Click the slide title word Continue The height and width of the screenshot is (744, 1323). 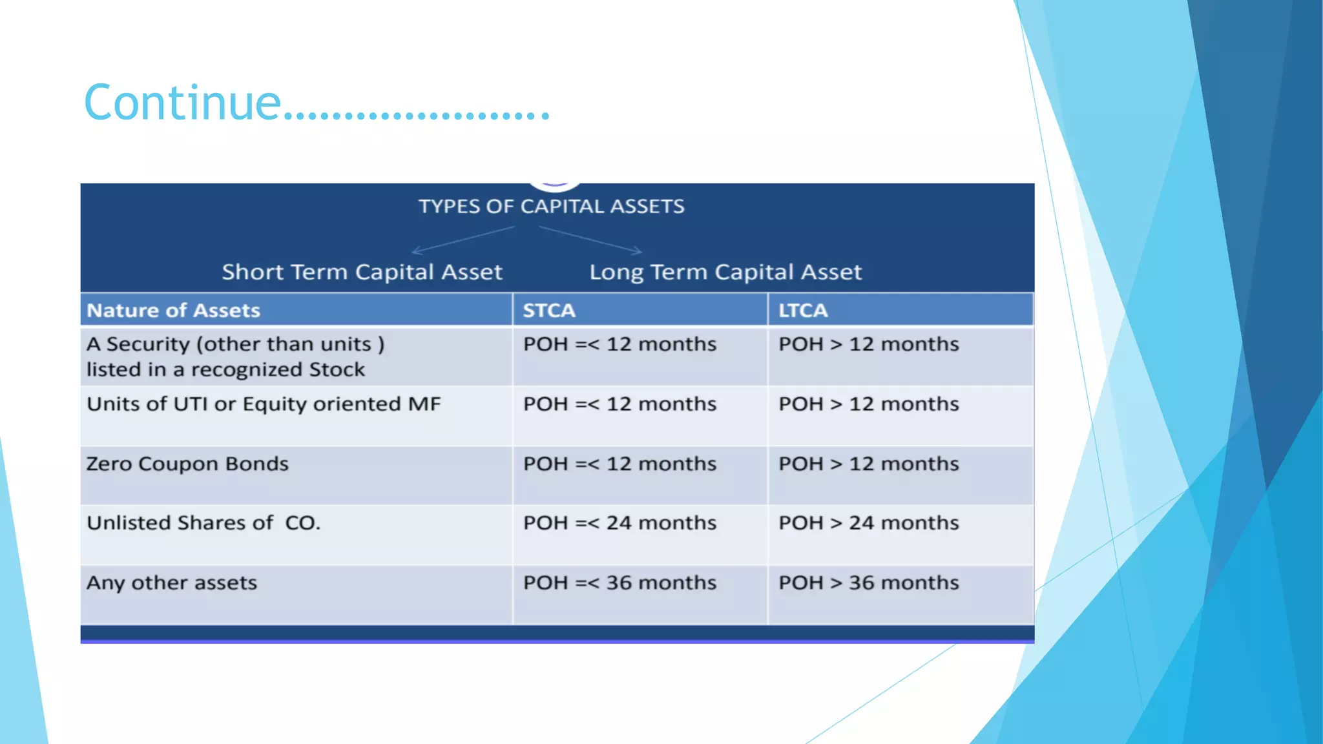[183, 103]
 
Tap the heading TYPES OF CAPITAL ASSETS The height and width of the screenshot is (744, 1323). [551, 207]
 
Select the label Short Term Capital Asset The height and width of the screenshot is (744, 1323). [362, 272]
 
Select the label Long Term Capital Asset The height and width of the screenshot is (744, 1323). [725, 272]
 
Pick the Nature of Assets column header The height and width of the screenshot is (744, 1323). [173, 311]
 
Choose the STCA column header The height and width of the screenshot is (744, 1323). [548, 311]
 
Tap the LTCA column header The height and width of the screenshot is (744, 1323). [802, 311]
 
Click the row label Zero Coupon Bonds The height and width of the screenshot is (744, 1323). [187, 464]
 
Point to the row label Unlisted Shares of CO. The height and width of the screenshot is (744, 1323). [203, 522]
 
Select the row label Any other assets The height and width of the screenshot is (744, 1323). [172, 583]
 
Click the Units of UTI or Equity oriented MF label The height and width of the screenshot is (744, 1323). [264, 404]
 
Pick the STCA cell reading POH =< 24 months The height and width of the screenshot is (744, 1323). [620, 522]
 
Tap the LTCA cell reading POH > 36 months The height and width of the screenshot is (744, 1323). [868, 583]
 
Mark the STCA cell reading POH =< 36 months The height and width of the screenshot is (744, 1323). [620, 583]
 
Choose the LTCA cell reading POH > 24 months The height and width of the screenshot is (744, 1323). [868, 522]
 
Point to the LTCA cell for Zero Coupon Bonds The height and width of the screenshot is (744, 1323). [868, 464]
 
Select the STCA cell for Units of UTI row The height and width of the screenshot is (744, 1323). [620, 404]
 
